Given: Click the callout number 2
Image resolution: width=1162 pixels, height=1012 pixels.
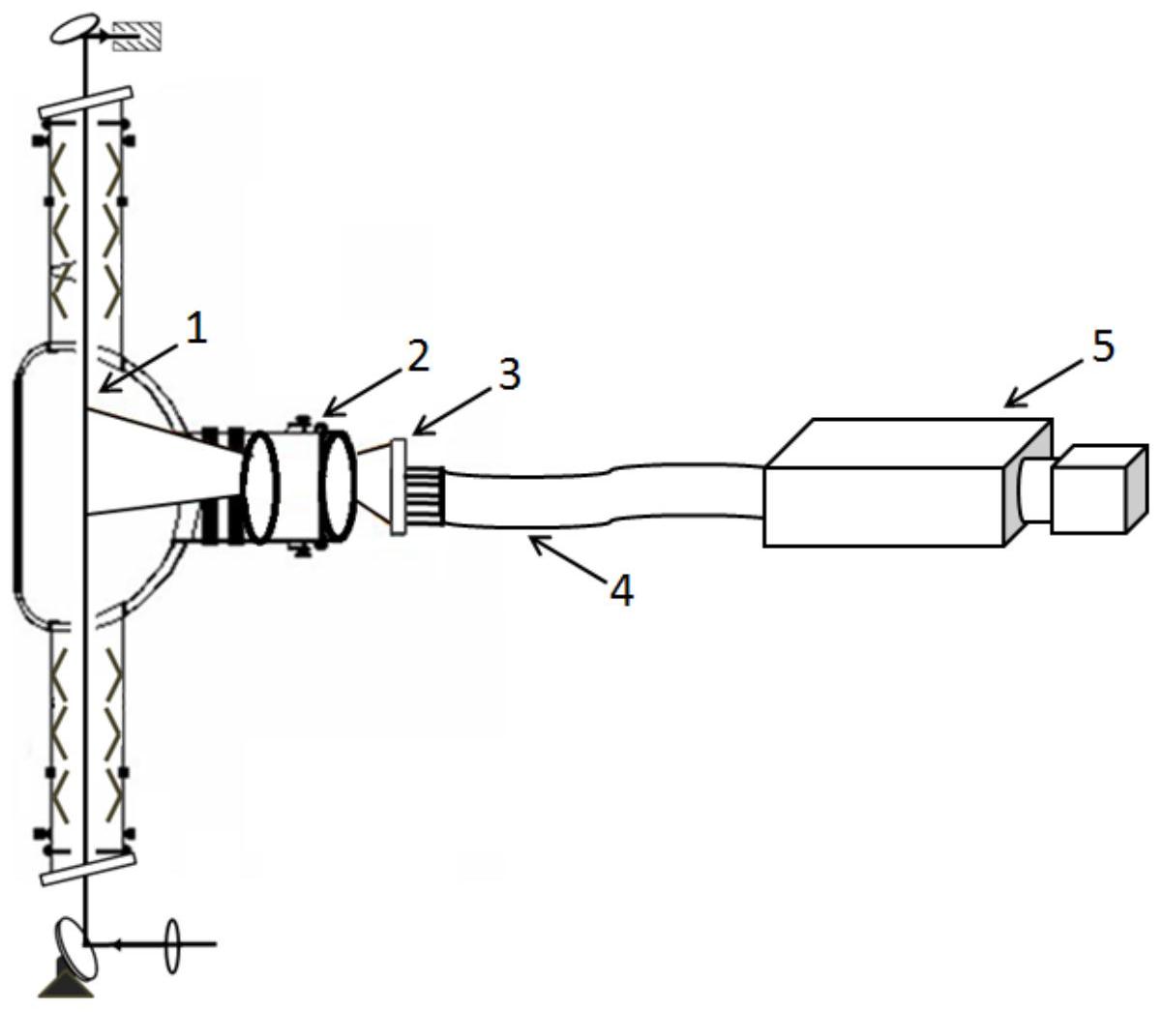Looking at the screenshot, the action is pyautogui.click(x=418, y=357).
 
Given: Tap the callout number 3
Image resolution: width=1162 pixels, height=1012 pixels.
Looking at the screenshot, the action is pyautogui.click(x=509, y=374).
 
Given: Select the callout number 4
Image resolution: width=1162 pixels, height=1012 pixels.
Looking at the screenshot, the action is pyautogui.click(x=621, y=590).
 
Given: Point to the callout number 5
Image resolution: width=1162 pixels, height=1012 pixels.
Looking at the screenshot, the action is pyautogui.click(x=1103, y=346).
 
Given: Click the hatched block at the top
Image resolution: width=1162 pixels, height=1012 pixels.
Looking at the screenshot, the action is pyautogui.click(x=136, y=37).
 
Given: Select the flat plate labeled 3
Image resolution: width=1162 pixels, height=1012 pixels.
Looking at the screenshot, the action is pyautogui.click(x=400, y=486).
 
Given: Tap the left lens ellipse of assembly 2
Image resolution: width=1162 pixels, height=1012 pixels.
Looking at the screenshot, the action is pyautogui.click(x=260, y=487).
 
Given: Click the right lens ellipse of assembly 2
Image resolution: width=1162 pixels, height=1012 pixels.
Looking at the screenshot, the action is pyautogui.click(x=339, y=486).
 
